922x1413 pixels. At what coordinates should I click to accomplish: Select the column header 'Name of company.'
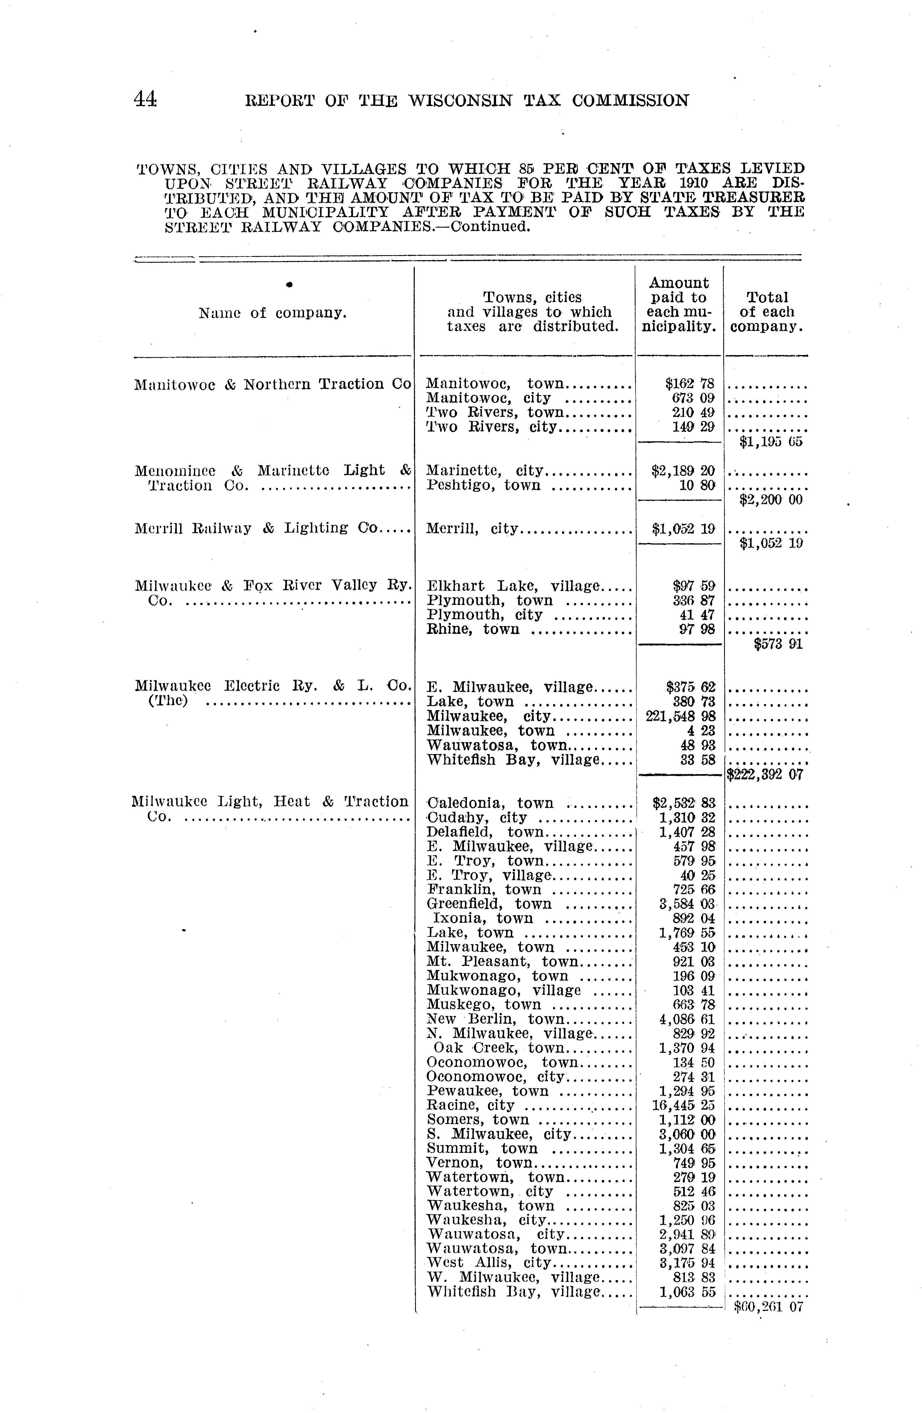[x=273, y=313]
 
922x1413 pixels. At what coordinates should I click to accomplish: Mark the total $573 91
[x=778, y=644]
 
